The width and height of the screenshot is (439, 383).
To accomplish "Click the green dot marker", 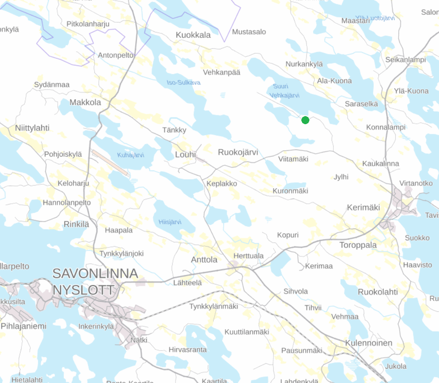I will click(306, 120).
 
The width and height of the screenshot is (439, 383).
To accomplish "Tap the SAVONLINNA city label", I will click(95, 274).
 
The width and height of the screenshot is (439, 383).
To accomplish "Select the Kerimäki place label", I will click(363, 207).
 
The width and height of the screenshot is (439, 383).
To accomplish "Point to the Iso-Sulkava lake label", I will click(184, 82).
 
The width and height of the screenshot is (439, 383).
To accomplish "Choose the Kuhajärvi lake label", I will click(131, 155).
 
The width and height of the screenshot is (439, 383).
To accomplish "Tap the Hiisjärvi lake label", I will click(170, 222).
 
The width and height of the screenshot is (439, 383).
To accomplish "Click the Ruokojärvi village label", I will click(238, 152).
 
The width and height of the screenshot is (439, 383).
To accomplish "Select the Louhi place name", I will click(186, 155).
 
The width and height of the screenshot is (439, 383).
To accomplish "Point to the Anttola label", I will click(204, 260).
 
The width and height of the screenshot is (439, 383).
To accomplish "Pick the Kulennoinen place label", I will click(368, 343).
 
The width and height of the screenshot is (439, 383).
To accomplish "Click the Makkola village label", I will click(85, 102).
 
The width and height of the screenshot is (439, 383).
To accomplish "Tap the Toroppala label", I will click(358, 245).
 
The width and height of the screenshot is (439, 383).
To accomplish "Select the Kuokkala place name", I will click(193, 35).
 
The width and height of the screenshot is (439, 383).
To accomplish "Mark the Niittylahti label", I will click(32, 128).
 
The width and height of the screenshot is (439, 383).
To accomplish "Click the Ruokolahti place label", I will click(378, 292).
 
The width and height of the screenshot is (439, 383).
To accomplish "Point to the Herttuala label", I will click(249, 256).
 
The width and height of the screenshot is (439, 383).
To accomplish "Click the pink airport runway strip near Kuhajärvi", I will click(110, 162).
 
